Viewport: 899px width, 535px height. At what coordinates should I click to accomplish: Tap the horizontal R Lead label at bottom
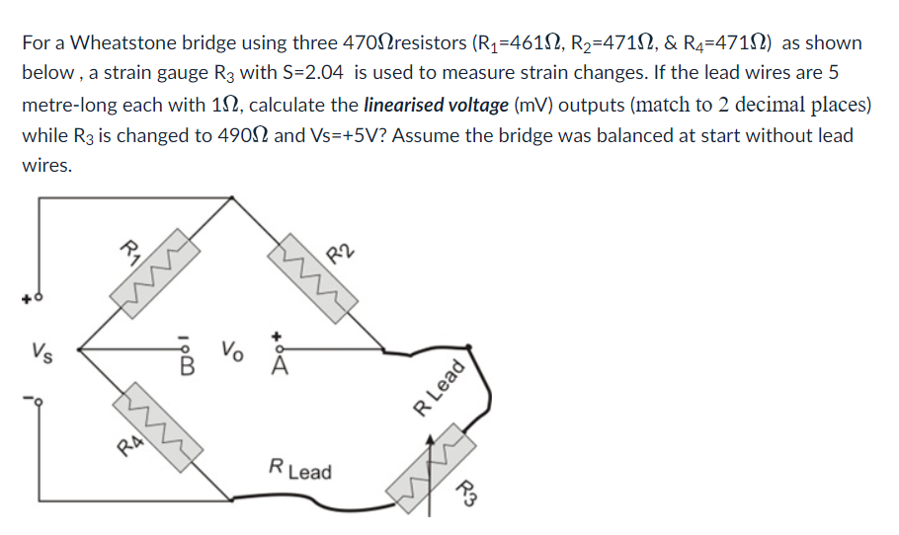tap(300, 470)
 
